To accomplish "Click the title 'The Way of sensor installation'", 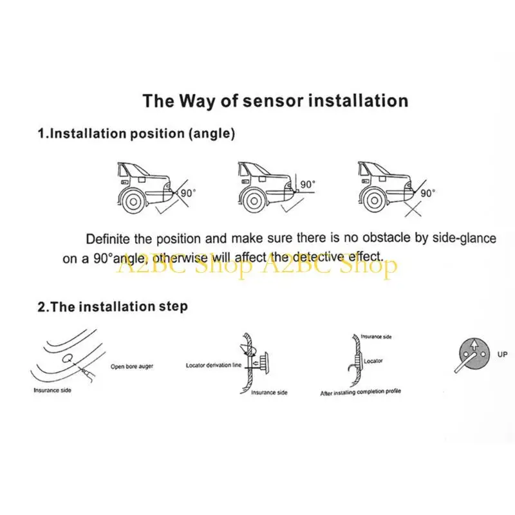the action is (x=276, y=100).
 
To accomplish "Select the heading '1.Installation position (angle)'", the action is (x=136, y=134).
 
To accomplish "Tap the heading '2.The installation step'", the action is (x=113, y=307).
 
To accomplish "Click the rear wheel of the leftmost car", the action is (x=133, y=201).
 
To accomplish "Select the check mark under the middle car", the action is (x=292, y=205).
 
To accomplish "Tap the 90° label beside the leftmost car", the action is (x=188, y=193).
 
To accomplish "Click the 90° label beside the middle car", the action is (x=308, y=185).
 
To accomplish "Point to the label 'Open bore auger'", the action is (x=132, y=366).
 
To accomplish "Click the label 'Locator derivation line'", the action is (x=214, y=365).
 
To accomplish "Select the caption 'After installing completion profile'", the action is (x=360, y=392).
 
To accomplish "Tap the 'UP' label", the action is (x=502, y=355).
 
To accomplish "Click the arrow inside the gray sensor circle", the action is (x=474, y=345).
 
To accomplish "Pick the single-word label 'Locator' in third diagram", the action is (x=373, y=361).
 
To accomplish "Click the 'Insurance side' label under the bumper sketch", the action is (x=52, y=390).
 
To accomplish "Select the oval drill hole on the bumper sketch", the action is (x=68, y=359).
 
